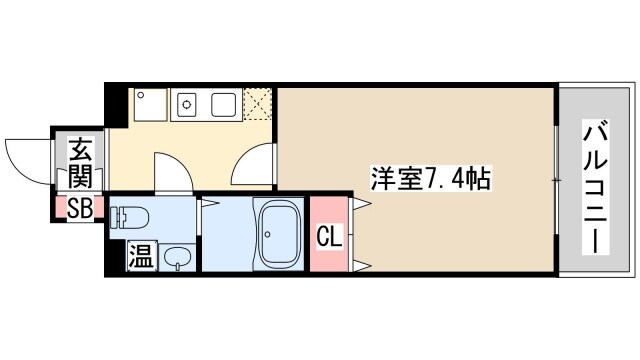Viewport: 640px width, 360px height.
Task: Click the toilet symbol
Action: pos(130,217)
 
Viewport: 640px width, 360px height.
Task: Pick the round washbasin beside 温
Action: pos(176,257)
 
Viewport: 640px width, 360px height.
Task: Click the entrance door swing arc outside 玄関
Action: pos(25,155)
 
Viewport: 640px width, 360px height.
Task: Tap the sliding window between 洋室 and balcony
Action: pos(557,178)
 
